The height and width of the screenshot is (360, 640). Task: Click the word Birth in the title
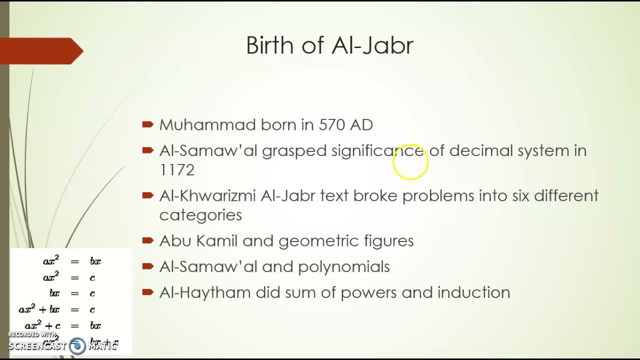tap(269, 45)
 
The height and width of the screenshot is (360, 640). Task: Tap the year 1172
tap(176, 170)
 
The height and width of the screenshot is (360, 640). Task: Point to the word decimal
tap(481, 150)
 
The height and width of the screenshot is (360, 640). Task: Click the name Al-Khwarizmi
tap(207, 195)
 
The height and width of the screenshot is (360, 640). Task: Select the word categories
tap(200, 215)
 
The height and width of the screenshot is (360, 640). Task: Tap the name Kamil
tap(216, 241)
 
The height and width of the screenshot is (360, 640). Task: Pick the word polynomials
tap(344, 267)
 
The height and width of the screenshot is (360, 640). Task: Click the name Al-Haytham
tap(205, 292)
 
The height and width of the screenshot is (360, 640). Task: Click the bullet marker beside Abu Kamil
tap(147, 240)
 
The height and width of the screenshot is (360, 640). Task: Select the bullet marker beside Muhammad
tap(147, 124)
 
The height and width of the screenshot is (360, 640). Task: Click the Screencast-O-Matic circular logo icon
tap(77, 346)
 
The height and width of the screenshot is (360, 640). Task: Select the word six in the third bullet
tap(520, 195)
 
